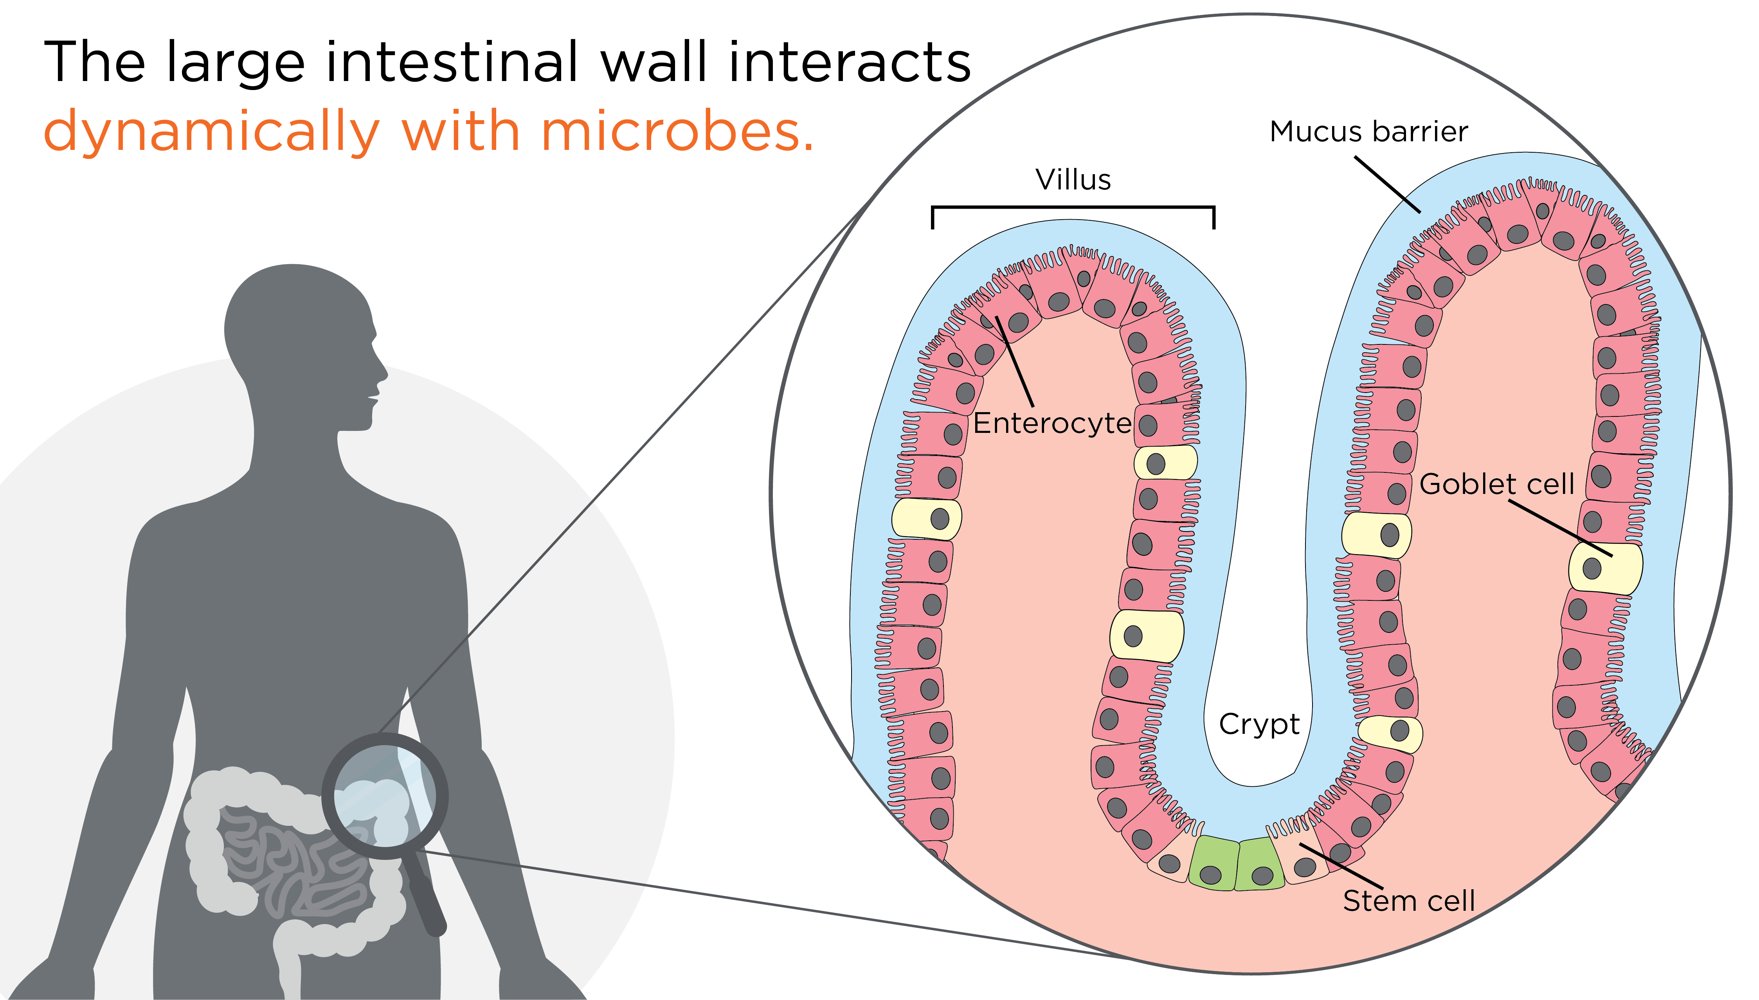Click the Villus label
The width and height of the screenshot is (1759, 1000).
pos(1073,180)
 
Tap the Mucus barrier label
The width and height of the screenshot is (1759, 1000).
pos(1368,131)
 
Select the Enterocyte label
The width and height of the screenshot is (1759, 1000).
pos(1052,423)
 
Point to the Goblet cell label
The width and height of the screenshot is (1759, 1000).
pos(1496,484)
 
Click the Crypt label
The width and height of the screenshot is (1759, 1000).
pos(1259,724)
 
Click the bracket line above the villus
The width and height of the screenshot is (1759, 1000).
pos(1073,207)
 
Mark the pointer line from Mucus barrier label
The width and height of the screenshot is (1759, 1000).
pos(1387,184)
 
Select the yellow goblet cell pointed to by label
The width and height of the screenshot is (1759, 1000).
pos(1605,568)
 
